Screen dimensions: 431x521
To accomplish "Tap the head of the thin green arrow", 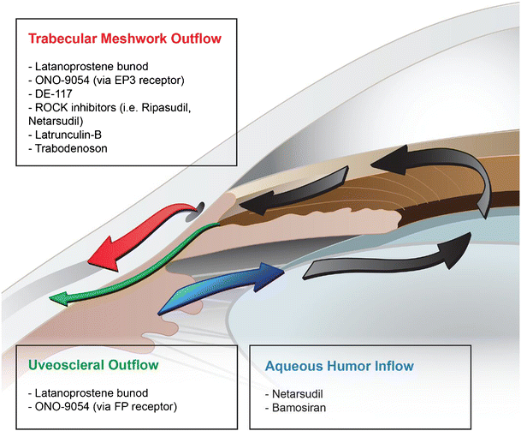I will [60, 297].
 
